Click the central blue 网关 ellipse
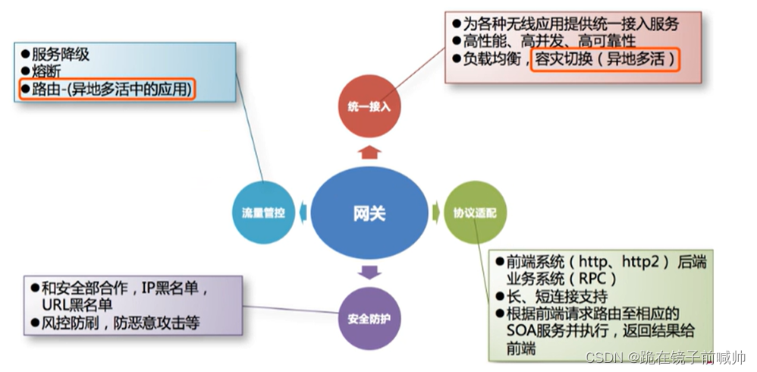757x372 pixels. (x=369, y=213)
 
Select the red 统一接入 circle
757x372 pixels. (x=368, y=107)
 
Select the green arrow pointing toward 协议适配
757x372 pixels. (x=435, y=213)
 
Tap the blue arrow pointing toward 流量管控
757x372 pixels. (x=303, y=213)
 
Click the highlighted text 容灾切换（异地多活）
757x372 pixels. (x=604, y=58)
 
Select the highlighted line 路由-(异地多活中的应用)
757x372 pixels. (x=107, y=90)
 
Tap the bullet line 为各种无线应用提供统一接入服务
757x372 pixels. (x=569, y=23)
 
